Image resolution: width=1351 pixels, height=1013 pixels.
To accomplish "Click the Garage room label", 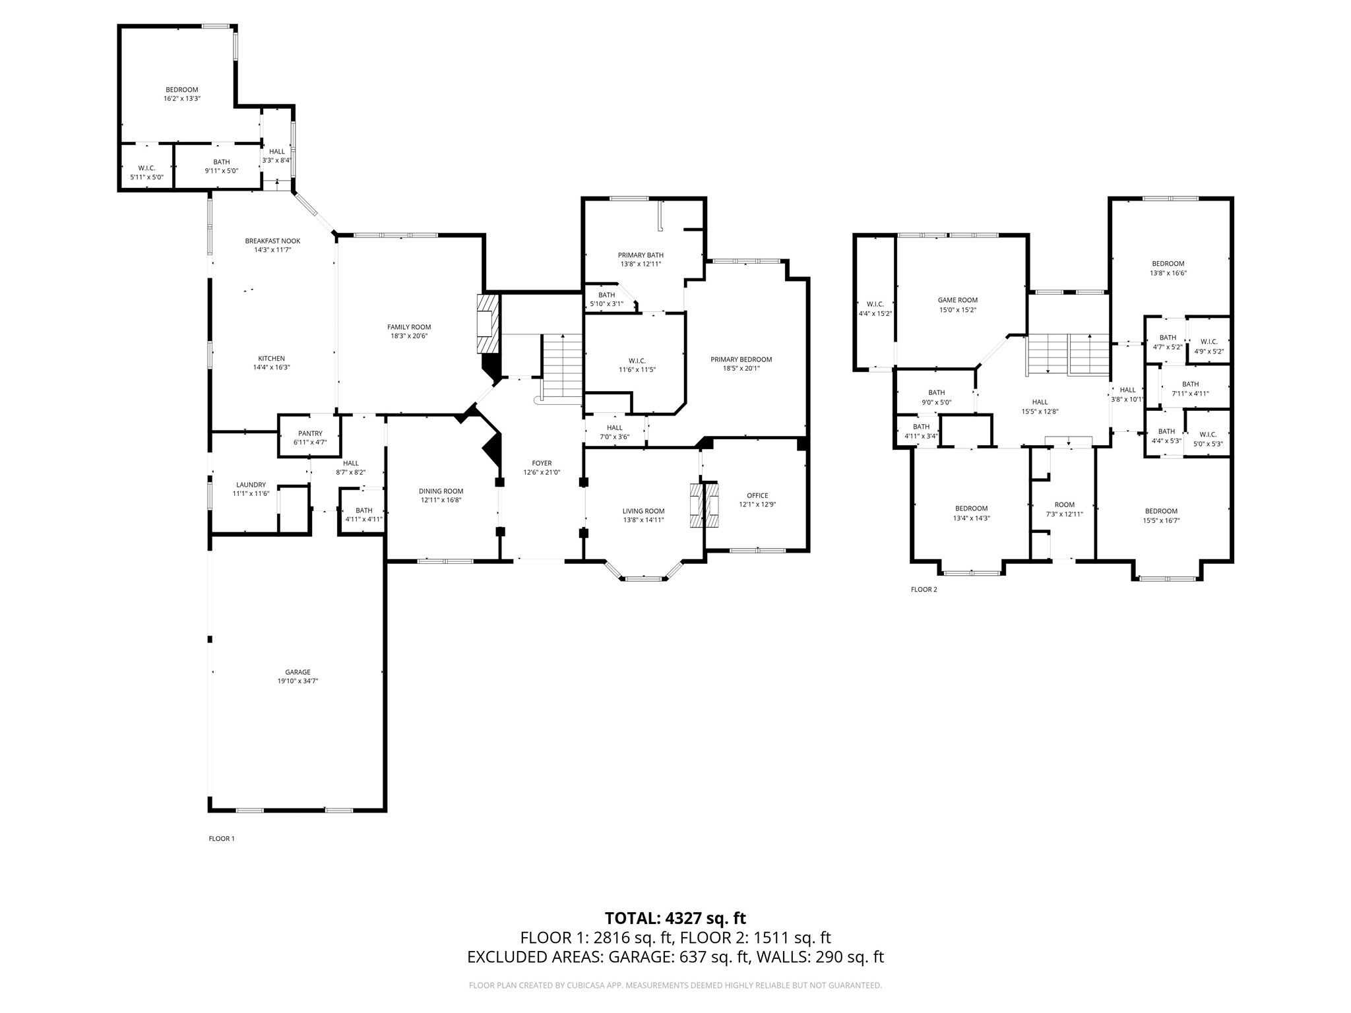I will pyautogui.click(x=298, y=672).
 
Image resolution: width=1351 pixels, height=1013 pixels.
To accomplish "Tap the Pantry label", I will pyautogui.click(x=310, y=433).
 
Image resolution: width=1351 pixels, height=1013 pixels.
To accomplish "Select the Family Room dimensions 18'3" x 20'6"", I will pyautogui.click(x=409, y=336).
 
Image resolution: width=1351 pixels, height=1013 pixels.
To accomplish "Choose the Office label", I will pyautogui.click(x=757, y=495).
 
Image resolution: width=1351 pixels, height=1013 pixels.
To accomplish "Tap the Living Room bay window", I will pyautogui.click(x=643, y=578).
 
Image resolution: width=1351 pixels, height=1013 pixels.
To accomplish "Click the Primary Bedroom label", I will pyautogui.click(x=741, y=359).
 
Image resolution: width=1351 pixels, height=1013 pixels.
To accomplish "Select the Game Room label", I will pyautogui.click(x=957, y=300).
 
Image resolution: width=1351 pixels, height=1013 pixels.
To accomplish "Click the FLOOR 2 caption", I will pyautogui.click(x=924, y=590).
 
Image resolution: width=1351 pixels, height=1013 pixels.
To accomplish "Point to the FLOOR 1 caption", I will pyautogui.click(x=222, y=839).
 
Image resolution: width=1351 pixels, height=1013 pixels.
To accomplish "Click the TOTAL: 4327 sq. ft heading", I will pyautogui.click(x=675, y=918).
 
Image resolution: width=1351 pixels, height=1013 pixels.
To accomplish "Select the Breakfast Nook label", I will pyautogui.click(x=272, y=241).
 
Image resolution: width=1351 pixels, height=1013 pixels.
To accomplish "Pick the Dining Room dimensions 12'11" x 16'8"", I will pyautogui.click(x=441, y=500).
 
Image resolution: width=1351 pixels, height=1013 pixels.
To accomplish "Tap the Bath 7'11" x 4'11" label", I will pyautogui.click(x=1190, y=388).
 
